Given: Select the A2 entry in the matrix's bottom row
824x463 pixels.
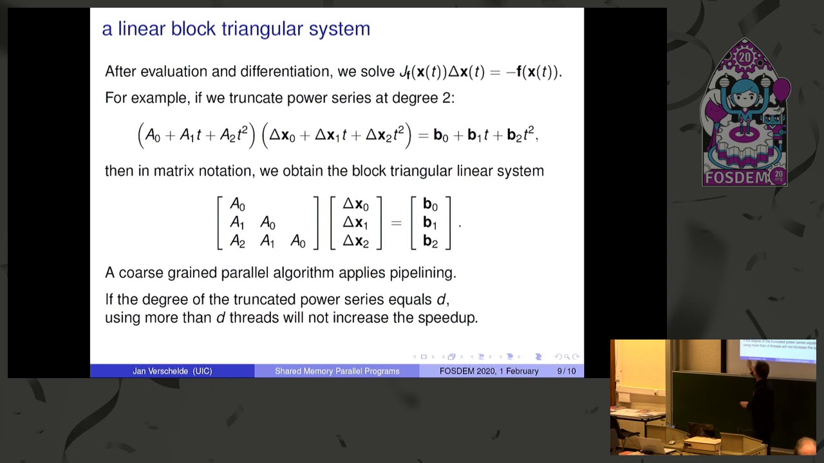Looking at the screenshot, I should (x=237, y=242).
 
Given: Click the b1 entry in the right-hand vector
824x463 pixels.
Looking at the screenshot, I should (x=430, y=223).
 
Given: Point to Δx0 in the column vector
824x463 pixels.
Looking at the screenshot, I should (x=355, y=204).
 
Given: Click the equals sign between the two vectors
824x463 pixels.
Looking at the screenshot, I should (x=396, y=223).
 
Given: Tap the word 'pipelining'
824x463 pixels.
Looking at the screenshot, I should (x=422, y=273).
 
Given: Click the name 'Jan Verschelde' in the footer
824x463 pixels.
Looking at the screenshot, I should (x=162, y=371).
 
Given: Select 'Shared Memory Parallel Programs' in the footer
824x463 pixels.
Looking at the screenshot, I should (x=337, y=371).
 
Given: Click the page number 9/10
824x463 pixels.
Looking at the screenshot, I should (x=566, y=371).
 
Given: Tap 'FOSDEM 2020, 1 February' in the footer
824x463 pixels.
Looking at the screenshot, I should (x=489, y=371).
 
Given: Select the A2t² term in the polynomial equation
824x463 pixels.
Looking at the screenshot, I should (x=234, y=135).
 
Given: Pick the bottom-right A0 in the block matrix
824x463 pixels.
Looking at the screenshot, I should (x=298, y=242).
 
